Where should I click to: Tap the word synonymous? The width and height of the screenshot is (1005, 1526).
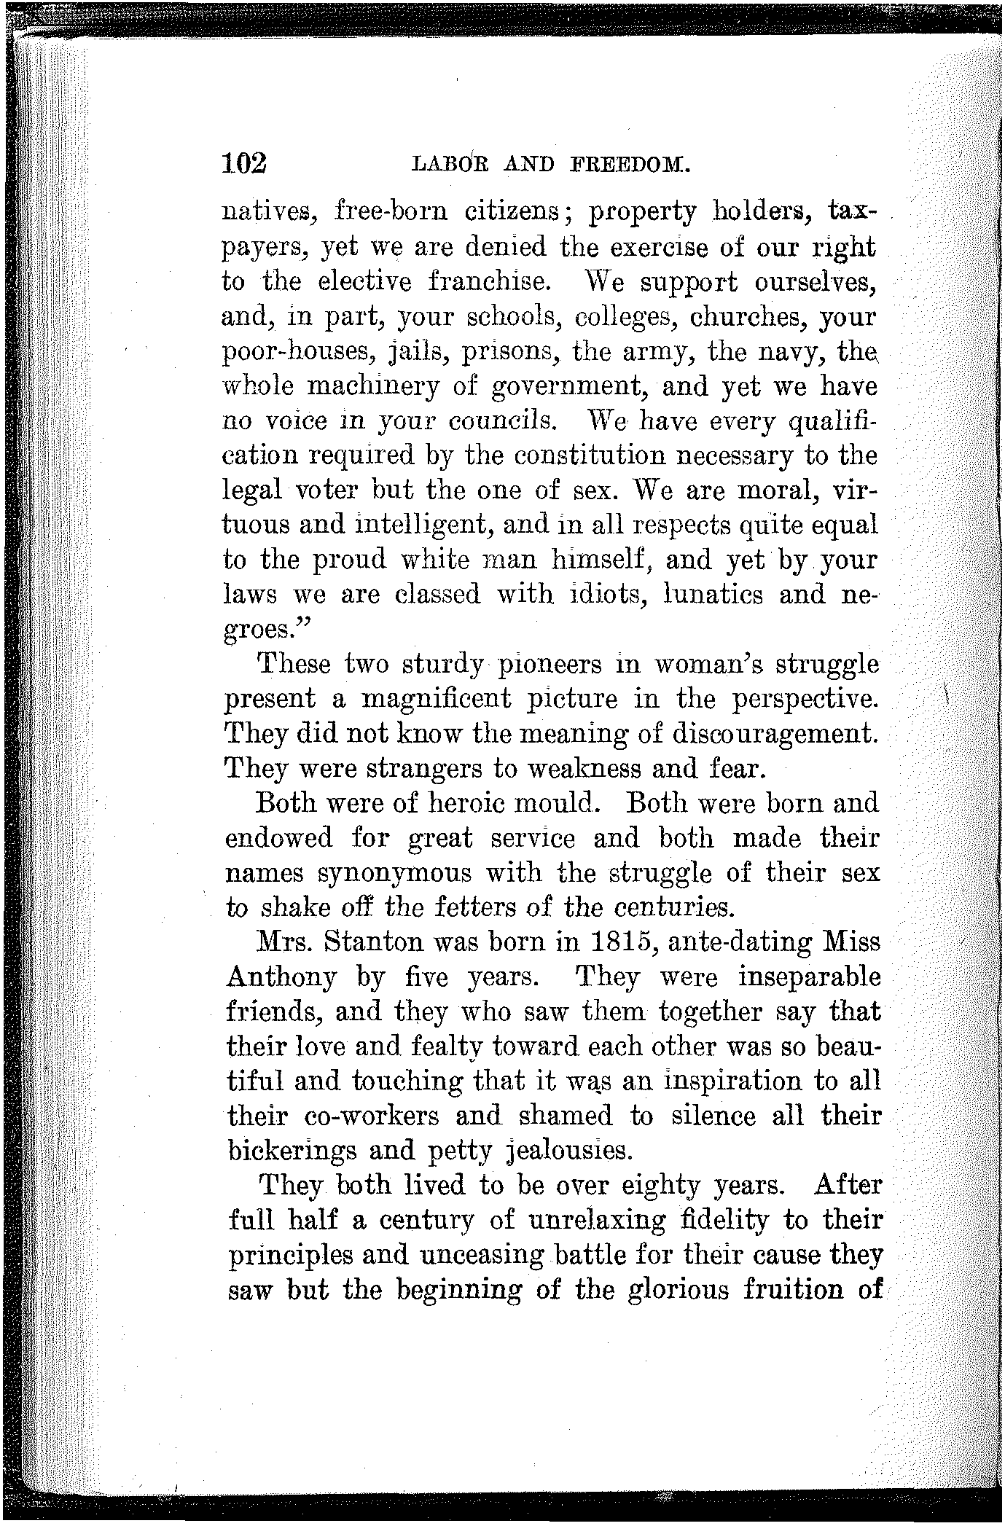(x=384, y=873)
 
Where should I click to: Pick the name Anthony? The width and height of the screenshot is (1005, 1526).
(x=282, y=978)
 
